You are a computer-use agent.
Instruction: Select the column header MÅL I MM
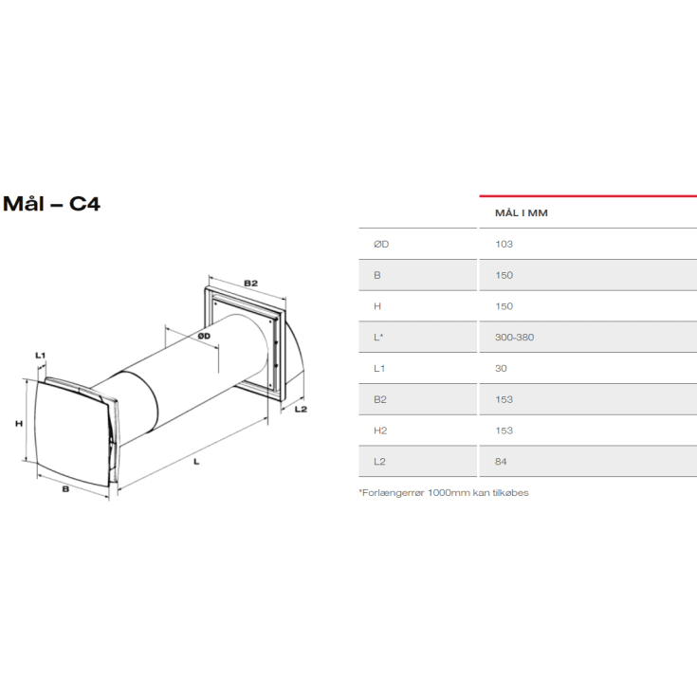tap(522, 212)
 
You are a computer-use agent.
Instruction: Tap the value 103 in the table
tap(504, 244)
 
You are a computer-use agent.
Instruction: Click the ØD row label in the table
tap(381, 244)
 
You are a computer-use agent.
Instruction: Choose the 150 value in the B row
tap(504, 275)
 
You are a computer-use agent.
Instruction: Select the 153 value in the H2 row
tap(504, 430)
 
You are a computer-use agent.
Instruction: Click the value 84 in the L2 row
tap(502, 461)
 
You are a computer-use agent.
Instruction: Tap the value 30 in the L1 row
tap(501, 368)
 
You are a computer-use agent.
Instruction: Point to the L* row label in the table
tap(379, 337)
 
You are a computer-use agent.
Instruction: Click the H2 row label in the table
tap(380, 430)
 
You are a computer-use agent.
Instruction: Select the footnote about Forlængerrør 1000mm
tap(443, 492)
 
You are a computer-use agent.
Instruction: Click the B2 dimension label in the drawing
tap(250, 283)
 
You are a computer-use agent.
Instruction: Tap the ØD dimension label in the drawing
tap(204, 336)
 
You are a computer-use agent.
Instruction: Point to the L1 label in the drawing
tap(40, 355)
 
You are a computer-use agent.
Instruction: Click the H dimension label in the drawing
tap(18, 424)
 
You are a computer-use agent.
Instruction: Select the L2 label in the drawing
tap(301, 409)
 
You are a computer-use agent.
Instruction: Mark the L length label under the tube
tap(195, 462)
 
